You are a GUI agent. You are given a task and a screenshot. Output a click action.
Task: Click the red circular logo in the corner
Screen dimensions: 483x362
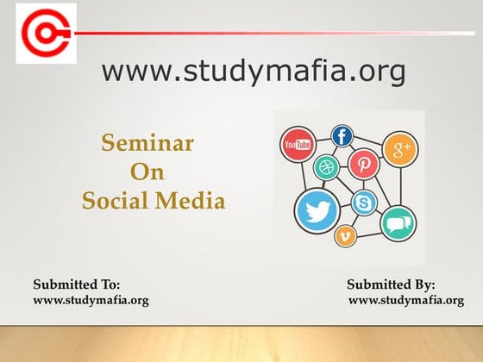click(47, 34)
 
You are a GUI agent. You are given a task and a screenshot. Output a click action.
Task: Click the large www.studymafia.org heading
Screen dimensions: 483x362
click(254, 72)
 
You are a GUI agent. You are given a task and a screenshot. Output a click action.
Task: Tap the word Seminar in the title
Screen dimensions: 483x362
click(147, 143)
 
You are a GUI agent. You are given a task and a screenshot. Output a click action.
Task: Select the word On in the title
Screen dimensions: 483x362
click(147, 172)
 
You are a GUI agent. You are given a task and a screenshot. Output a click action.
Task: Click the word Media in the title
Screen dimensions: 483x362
click(190, 200)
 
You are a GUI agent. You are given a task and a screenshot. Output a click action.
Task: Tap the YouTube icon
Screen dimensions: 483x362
click(298, 144)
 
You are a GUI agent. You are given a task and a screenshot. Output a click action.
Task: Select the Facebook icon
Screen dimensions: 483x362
click(342, 136)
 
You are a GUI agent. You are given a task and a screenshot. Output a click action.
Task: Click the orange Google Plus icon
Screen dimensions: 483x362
click(400, 149)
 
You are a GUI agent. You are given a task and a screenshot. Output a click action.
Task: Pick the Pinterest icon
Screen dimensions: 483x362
click(363, 164)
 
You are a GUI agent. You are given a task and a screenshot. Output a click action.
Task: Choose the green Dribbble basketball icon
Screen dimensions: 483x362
click(326, 167)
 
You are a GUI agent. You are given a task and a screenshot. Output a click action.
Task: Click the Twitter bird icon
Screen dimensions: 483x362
click(317, 211)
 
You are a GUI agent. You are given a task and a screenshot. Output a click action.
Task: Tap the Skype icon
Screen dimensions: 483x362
click(364, 203)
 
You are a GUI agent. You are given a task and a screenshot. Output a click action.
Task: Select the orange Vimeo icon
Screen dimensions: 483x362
click(345, 236)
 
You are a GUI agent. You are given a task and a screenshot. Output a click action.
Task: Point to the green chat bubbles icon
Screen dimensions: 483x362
click(398, 224)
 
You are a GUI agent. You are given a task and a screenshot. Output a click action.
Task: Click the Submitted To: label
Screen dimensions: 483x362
click(77, 284)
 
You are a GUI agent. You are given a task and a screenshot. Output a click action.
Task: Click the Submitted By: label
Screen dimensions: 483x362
click(391, 284)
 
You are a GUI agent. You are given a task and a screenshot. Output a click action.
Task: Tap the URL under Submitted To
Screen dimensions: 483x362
click(91, 301)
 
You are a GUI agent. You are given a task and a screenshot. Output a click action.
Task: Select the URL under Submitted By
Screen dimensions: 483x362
click(406, 301)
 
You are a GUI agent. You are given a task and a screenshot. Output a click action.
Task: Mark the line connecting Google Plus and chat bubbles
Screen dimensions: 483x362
click(401, 187)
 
